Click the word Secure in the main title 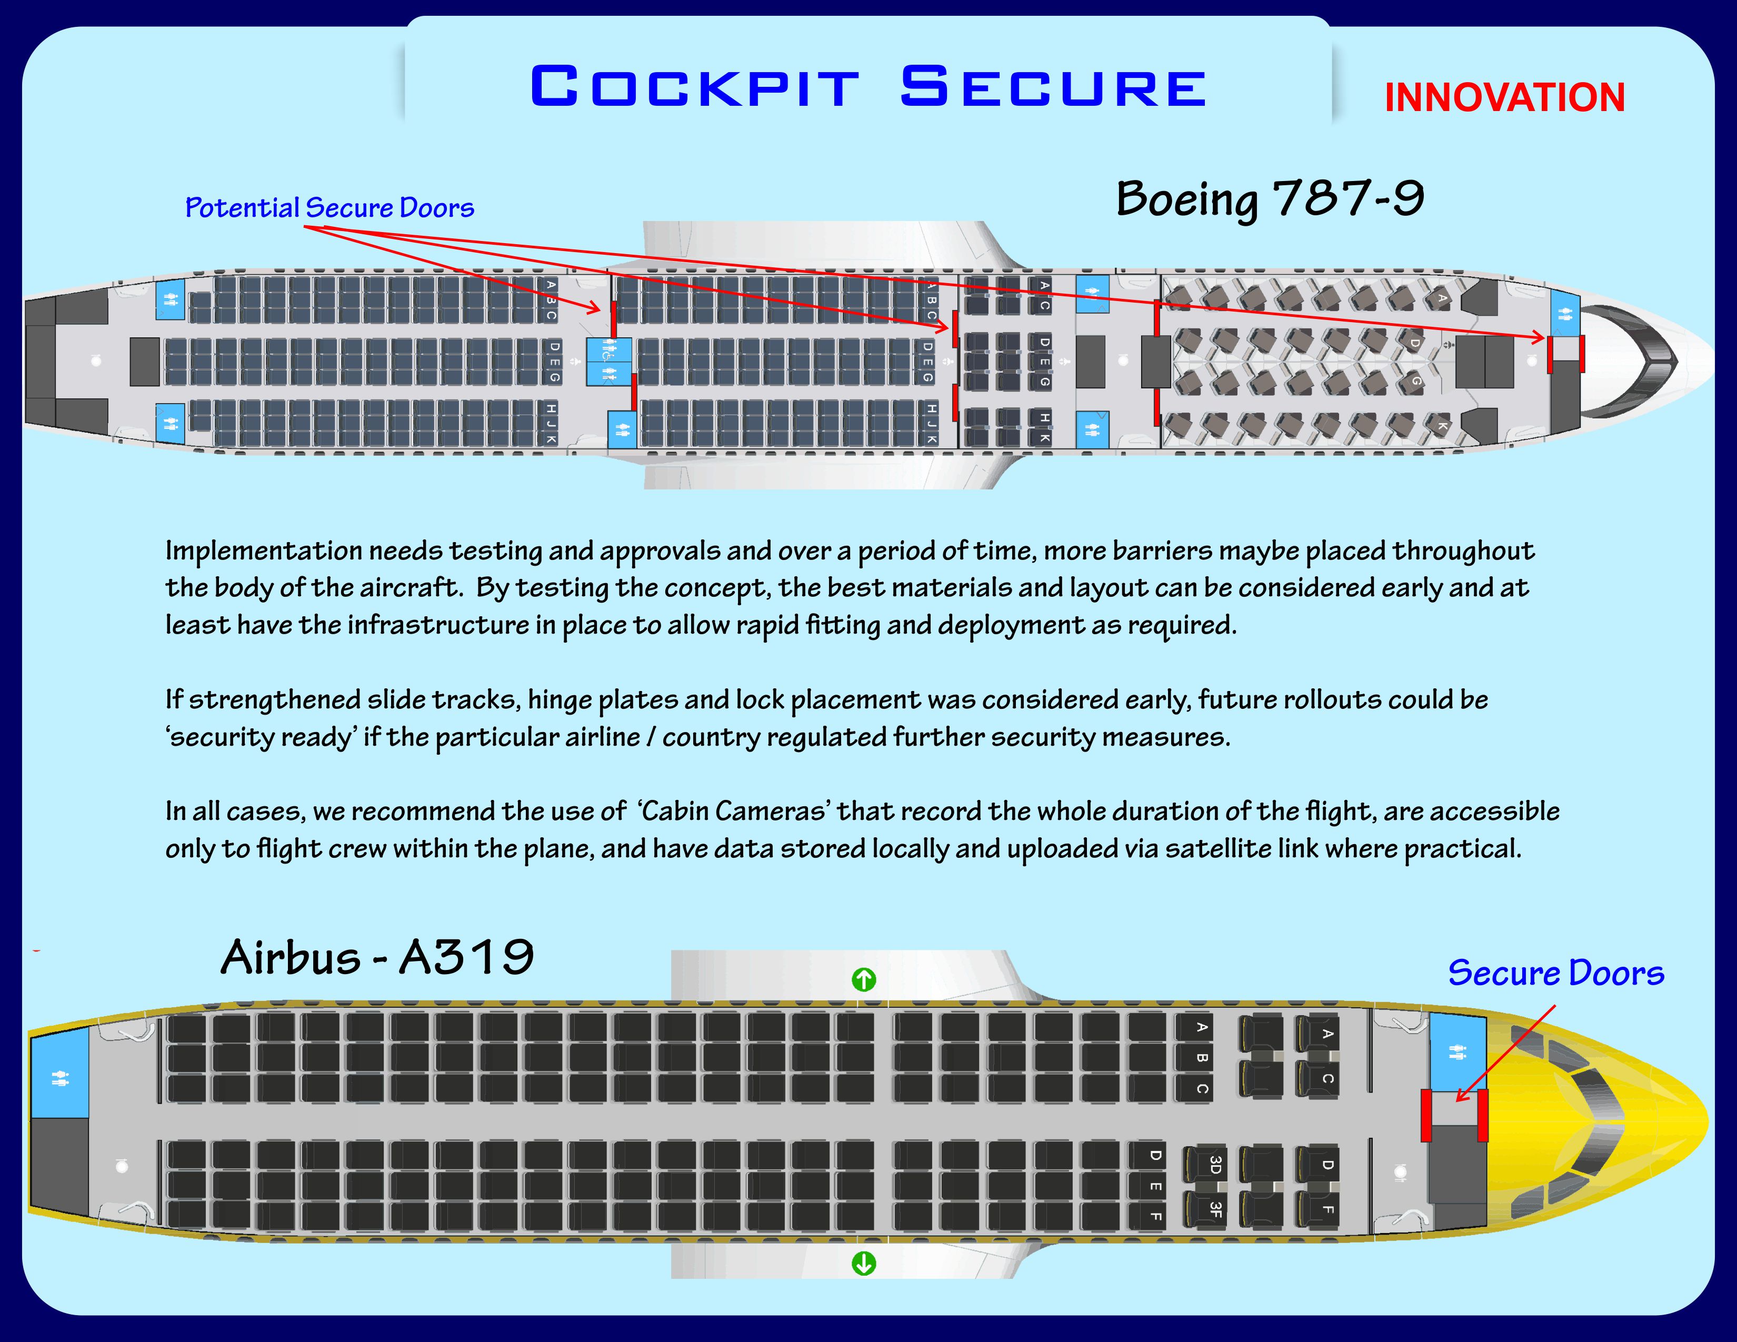pyautogui.click(x=1053, y=87)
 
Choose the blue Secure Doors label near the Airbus pyautogui.click(x=1555, y=973)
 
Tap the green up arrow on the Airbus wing pyautogui.click(x=864, y=979)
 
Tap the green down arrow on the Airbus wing pyautogui.click(x=864, y=1263)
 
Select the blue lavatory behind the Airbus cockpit pyautogui.click(x=1457, y=1052)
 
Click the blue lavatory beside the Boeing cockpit pyautogui.click(x=1564, y=313)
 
